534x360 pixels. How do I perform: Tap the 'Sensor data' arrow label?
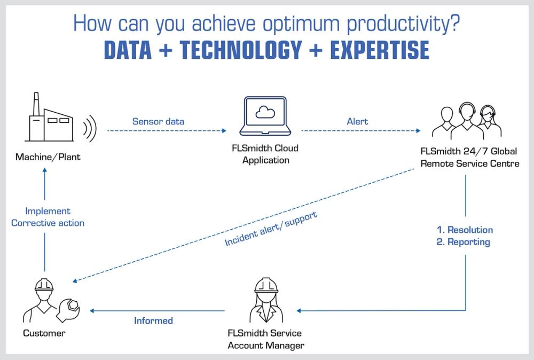158,121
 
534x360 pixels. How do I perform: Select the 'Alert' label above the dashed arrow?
357,121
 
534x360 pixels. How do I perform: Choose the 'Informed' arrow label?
153,320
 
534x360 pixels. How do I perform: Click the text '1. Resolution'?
465,230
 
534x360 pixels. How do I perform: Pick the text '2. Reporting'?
463,242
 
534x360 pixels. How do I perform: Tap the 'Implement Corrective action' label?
48,217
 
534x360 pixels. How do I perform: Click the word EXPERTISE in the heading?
380,50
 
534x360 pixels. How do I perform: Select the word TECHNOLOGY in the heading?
241,50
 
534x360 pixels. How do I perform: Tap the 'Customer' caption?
44,333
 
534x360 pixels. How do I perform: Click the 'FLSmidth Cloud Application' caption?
265,154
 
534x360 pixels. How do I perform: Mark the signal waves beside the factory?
89,128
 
